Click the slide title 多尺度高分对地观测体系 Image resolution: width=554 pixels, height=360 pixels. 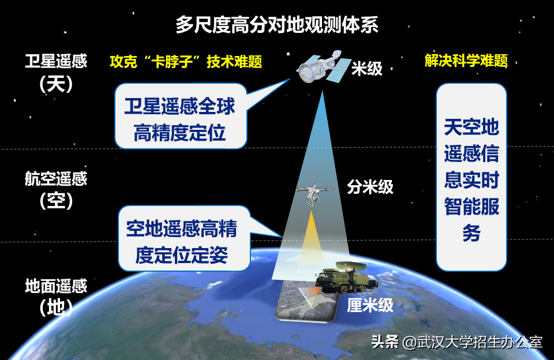click(277, 25)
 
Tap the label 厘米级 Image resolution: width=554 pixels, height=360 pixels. click(370, 305)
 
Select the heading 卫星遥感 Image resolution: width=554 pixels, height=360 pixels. click(56, 62)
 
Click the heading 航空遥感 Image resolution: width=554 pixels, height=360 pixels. click(56, 179)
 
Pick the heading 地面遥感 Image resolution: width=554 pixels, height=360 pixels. click(56, 286)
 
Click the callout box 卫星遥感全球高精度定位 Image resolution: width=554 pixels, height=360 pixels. click(180, 119)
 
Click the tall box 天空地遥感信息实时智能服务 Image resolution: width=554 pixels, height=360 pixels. click(471, 178)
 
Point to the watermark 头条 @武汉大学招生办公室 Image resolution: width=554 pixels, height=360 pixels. click(456, 342)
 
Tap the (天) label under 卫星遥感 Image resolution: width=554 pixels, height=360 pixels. click(56, 84)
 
